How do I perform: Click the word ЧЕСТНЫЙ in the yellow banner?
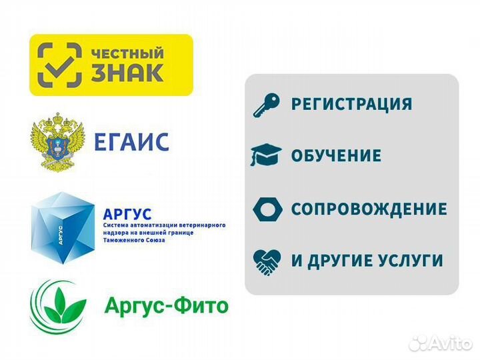tap(127, 51)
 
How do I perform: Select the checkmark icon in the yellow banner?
tap(60, 65)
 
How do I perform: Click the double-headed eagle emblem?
tap(58, 141)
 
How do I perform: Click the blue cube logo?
tap(64, 223)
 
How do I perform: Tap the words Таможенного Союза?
tap(134, 240)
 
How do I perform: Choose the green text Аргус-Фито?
tap(166, 306)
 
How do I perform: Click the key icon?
tap(267, 105)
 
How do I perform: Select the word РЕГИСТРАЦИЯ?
tap(351, 105)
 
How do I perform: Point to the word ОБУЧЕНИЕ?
tap(336, 156)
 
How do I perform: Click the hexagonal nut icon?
tap(267, 209)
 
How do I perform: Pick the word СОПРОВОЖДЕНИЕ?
tap(369, 209)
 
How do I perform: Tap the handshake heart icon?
tap(267, 261)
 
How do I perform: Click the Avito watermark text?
tap(449, 342)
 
